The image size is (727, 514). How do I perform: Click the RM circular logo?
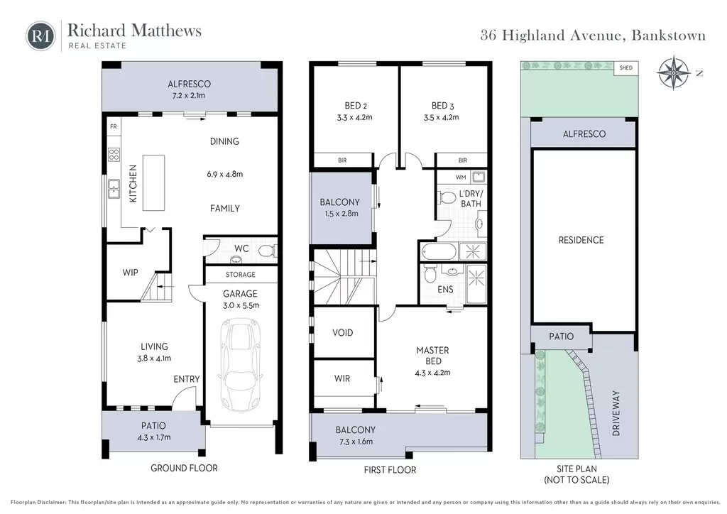(40, 36)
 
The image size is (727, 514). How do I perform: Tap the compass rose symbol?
(674, 73)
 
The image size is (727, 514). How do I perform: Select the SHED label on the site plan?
(626, 67)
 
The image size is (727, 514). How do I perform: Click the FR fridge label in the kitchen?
(114, 126)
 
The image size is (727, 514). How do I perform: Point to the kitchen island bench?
(153, 182)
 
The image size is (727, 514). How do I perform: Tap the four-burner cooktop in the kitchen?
(114, 154)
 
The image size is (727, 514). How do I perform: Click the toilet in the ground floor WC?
(267, 251)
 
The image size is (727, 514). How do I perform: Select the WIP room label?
(131, 273)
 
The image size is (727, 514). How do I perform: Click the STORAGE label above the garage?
(241, 274)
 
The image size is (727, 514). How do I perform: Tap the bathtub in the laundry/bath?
(439, 251)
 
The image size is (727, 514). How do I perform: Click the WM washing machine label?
(461, 177)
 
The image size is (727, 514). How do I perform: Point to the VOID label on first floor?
(343, 332)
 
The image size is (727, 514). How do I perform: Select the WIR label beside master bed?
(342, 378)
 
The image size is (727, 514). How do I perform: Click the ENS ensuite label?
(445, 289)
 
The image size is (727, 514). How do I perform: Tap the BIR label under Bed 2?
(342, 160)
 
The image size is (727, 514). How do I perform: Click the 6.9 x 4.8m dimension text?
(225, 174)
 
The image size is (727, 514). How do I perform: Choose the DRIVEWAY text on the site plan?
(616, 413)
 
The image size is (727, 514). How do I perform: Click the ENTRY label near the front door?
(187, 379)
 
